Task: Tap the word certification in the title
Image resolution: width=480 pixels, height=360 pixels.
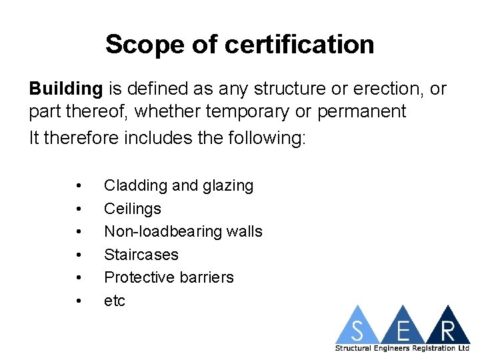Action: point(299,45)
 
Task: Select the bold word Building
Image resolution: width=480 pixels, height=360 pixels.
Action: point(65,89)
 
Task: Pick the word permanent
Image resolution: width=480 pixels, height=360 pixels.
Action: point(361,111)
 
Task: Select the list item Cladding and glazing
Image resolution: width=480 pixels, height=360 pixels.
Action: point(179,185)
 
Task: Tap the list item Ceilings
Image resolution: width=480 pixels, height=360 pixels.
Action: point(133,209)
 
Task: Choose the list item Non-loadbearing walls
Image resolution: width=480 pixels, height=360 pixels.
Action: point(183,231)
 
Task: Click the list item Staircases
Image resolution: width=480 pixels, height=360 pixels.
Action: point(141,255)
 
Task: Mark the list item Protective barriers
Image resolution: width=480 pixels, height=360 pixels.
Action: point(169,277)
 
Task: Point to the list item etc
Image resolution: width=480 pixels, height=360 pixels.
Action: point(115,301)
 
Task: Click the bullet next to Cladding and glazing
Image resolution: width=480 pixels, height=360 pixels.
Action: point(79,185)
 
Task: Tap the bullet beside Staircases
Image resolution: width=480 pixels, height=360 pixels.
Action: point(79,255)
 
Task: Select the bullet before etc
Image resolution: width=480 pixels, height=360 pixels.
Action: point(79,301)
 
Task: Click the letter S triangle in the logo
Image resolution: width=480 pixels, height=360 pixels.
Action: point(357,329)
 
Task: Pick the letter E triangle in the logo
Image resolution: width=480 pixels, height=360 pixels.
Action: point(403,329)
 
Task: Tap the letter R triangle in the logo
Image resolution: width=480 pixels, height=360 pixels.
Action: point(447,329)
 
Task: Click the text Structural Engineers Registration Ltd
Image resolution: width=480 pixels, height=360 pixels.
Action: point(402,348)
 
